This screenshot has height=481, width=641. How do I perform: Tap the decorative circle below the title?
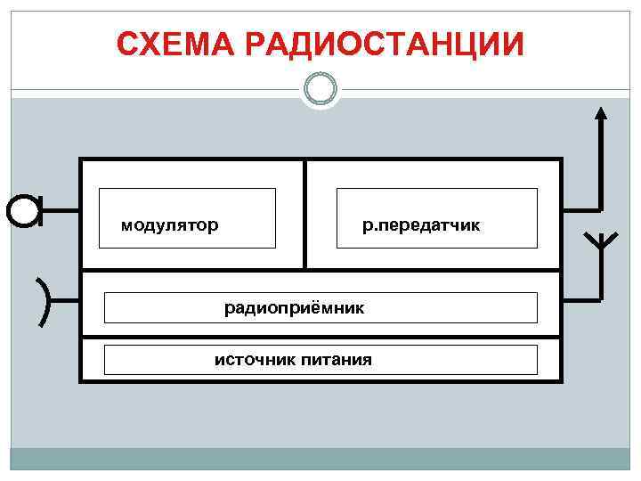(x=320, y=88)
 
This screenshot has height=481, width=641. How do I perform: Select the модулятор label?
(x=169, y=225)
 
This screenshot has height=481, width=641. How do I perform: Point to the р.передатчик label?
(x=421, y=225)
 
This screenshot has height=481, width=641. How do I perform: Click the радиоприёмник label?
(x=294, y=308)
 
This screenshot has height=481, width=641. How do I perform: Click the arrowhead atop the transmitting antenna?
(x=601, y=112)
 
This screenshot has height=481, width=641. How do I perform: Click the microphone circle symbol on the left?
(x=23, y=211)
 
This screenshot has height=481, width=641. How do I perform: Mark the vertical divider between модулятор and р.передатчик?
(x=304, y=214)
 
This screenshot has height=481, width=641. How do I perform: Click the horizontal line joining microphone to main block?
(x=60, y=211)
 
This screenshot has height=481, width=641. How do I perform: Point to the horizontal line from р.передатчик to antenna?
(x=581, y=210)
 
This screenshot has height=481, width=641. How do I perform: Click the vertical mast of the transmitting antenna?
(x=601, y=165)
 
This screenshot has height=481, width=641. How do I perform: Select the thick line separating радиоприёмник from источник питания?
(x=320, y=337)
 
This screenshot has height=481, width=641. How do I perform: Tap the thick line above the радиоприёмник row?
(x=320, y=270)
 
